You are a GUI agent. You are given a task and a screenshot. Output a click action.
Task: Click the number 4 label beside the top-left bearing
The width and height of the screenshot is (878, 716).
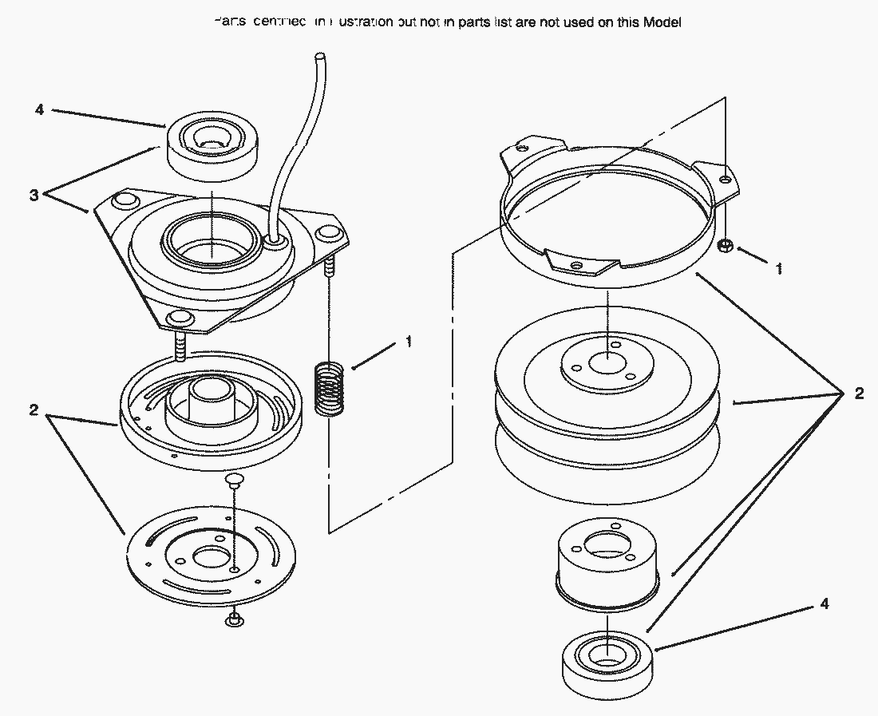(x=39, y=109)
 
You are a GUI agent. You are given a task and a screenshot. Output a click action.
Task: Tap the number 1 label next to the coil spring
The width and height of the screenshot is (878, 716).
(x=409, y=342)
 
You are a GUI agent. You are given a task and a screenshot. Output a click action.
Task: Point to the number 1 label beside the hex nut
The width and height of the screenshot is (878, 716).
(x=779, y=269)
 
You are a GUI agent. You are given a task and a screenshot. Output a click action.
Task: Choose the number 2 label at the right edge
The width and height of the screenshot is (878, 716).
(x=859, y=393)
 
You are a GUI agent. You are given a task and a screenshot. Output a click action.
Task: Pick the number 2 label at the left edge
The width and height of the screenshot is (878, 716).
(x=34, y=410)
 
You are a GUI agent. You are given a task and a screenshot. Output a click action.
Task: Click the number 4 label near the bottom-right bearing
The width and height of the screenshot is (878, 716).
(x=823, y=604)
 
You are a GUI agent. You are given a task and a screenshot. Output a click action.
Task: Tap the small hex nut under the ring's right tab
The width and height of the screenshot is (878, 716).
(x=726, y=244)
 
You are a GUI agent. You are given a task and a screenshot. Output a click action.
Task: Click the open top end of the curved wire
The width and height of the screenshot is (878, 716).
(x=319, y=57)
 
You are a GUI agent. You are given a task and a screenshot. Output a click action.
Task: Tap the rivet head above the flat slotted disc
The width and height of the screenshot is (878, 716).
(x=232, y=479)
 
